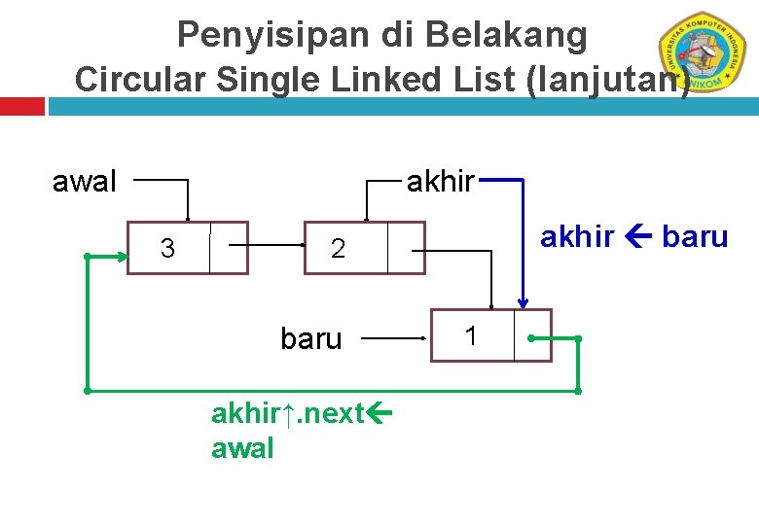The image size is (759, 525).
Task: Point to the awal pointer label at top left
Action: coord(85,181)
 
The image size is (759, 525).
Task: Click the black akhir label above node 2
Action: coord(440,181)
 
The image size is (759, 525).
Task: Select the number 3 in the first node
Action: coord(167,249)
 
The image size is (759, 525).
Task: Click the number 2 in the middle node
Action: coord(337,249)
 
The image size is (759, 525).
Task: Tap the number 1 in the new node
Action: coord(471,336)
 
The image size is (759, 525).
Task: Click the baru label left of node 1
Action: coord(311,339)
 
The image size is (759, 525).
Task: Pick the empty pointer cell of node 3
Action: coord(228,248)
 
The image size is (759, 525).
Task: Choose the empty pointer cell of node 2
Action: coord(406,248)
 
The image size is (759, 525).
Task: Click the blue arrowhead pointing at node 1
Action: coord(523,301)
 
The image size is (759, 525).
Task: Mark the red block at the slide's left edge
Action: coord(21,105)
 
